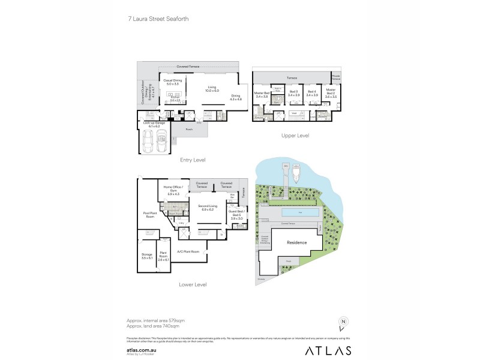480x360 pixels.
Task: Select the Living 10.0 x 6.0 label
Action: (212, 89)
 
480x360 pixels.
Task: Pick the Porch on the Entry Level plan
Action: (189, 128)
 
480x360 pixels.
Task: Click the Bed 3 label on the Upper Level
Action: (293, 94)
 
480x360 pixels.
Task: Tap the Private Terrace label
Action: (337, 77)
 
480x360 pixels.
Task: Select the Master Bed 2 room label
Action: (331, 93)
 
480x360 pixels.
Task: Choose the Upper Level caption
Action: (295, 136)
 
